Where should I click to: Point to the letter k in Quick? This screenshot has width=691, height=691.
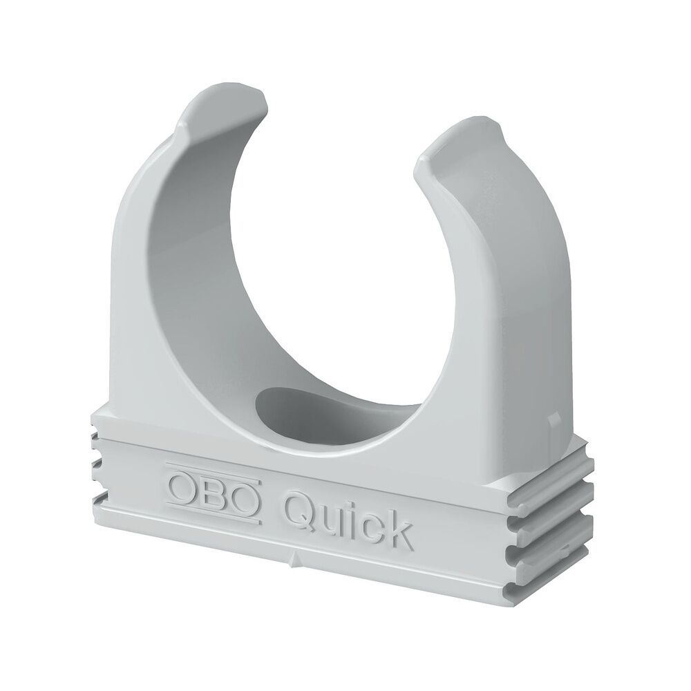click(x=398, y=529)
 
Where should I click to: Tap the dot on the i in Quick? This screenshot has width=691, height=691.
click(x=352, y=498)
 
